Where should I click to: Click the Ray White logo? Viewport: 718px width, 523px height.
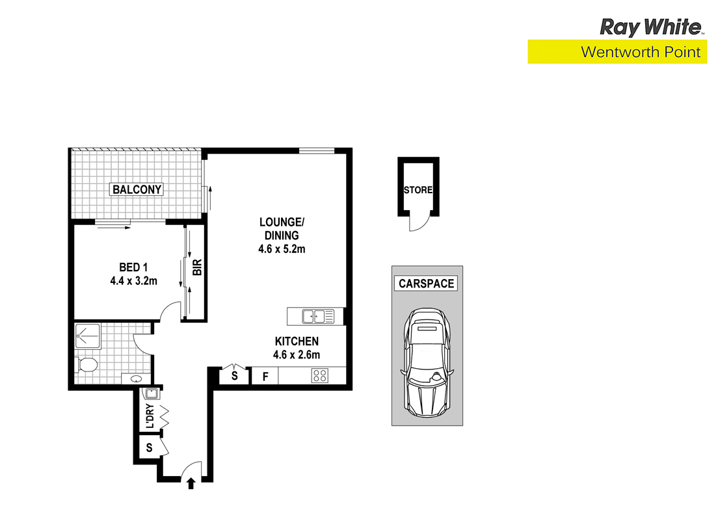(651, 27)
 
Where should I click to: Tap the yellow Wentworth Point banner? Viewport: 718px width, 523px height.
(617, 52)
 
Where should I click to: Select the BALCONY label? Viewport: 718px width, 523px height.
(137, 190)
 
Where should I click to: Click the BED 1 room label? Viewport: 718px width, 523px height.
(134, 267)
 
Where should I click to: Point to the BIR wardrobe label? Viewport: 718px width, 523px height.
(197, 267)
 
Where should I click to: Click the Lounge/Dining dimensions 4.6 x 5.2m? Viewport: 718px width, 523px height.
(281, 248)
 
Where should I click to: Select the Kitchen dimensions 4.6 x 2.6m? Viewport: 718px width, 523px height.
(297, 355)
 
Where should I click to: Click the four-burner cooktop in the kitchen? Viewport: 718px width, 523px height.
(319, 376)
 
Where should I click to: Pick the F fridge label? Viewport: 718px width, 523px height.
(265, 376)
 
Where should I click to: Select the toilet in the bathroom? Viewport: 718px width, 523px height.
(86, 366)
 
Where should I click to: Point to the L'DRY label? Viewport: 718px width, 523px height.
(149, 416)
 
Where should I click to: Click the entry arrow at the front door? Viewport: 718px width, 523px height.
(191, 483)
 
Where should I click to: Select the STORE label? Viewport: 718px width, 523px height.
(418, 191)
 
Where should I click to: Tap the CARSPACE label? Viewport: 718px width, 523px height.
(427, 284)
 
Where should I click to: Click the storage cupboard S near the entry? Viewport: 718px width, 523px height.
(150, 448)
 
